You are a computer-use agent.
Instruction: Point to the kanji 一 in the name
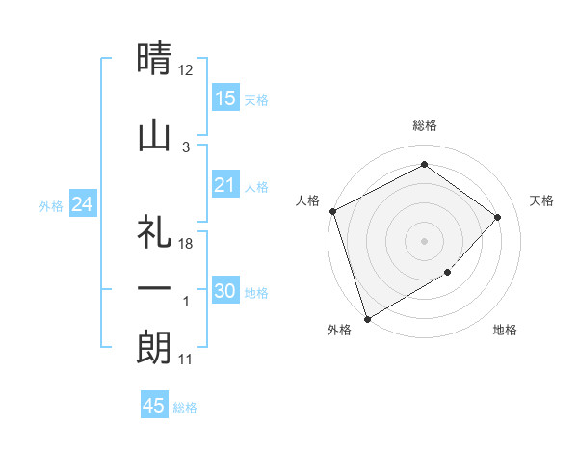(154, 289)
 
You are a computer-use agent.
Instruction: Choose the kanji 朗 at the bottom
(154, 347)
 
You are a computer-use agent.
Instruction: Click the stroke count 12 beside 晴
(186, 70)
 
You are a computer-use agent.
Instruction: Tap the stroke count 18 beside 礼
(186, 244)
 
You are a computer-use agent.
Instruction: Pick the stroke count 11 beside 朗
(186, 360)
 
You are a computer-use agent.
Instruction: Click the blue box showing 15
(225, 98)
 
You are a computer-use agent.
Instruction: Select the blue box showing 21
(225, 185)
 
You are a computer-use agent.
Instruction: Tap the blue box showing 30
(225, 291)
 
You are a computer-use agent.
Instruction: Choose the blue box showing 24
(83, 204)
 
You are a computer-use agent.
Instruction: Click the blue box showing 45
(154, 406)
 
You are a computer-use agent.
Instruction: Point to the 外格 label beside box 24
(51, 205)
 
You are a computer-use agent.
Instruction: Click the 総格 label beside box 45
(185, 408)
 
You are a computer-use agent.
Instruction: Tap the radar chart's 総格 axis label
(425, 125)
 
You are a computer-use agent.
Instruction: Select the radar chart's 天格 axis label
(541, 200)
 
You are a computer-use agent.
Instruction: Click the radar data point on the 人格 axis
(332, 211)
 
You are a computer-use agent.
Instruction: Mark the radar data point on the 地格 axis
(448, 273)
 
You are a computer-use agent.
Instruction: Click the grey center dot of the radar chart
(425, 240)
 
